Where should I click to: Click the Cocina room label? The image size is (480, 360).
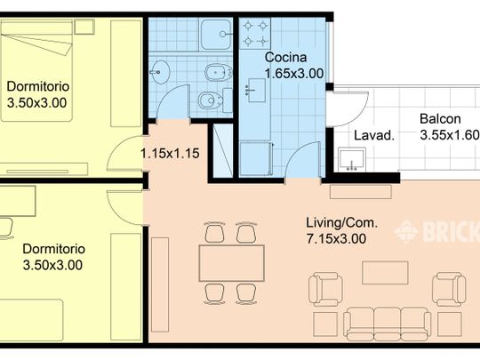[285, 57]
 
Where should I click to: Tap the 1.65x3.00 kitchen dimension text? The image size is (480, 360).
[294, 74]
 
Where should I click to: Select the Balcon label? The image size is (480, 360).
[440, 119]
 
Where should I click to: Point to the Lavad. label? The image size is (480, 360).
[373, 135]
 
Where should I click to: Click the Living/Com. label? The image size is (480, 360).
[341, 222]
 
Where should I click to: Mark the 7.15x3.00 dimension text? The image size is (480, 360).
[336, 238]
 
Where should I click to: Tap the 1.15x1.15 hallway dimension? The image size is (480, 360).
[170, 153]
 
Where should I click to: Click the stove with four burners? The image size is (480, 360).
[255, 33]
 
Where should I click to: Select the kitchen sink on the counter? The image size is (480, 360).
[255, 90]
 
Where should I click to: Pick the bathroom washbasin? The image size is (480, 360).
[159, 72]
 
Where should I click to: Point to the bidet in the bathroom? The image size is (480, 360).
[218, 72]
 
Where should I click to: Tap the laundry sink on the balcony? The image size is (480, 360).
[352, 159]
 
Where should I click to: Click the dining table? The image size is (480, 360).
[231, 263]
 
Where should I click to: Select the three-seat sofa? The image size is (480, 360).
[387, 324]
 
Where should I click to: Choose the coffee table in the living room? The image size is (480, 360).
[385, 273]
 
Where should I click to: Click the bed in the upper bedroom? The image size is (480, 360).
[36, 70]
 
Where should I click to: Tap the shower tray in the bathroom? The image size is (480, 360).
[215, 34]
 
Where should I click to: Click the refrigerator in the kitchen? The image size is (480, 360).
[255, 159]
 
